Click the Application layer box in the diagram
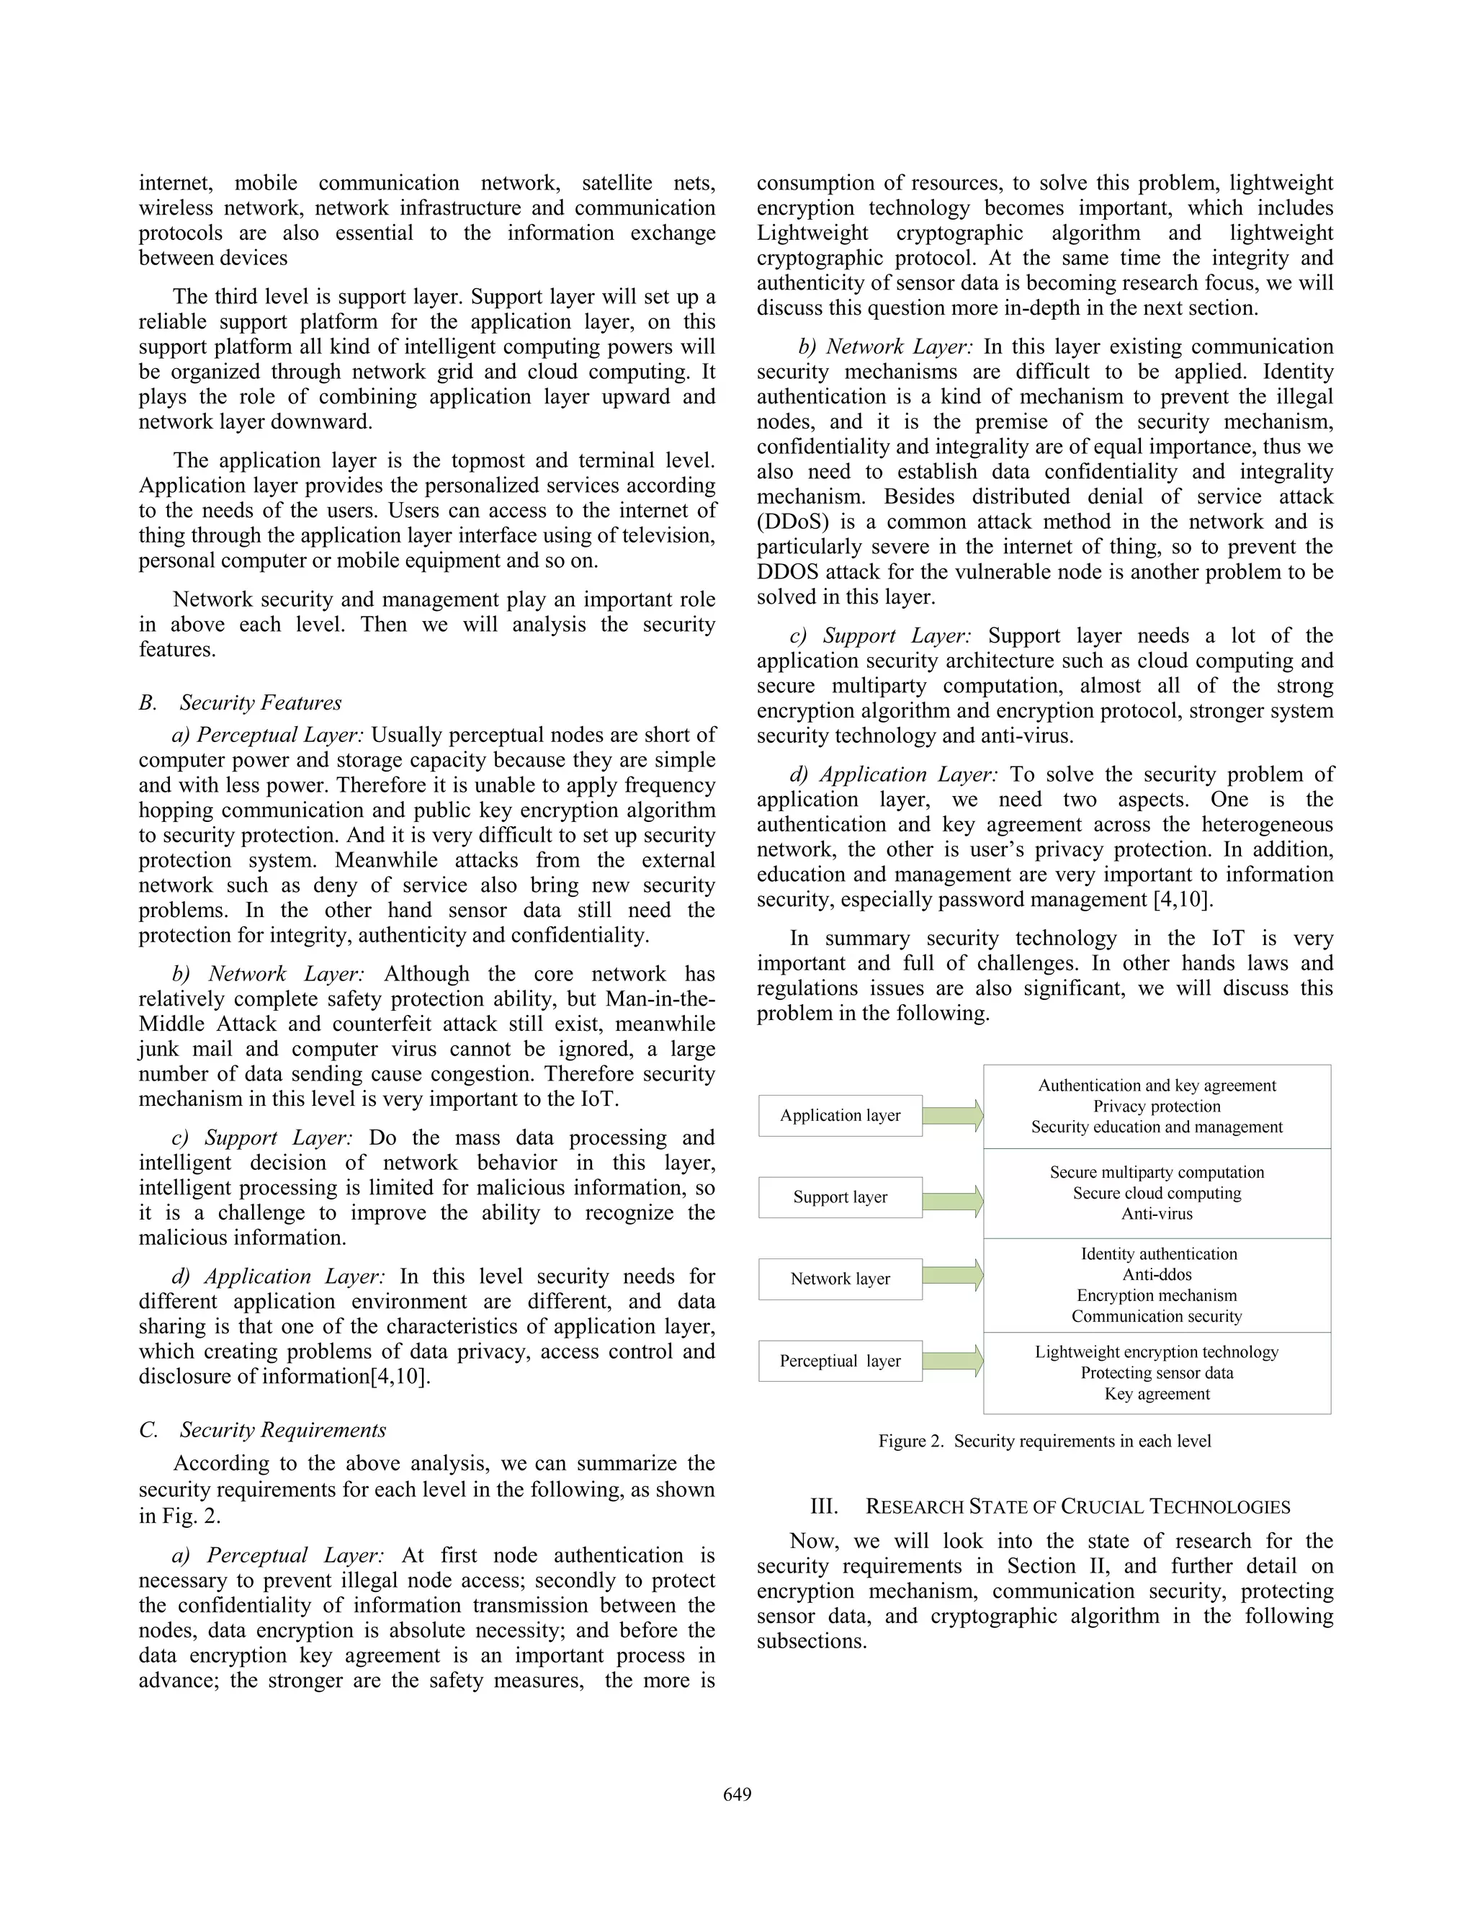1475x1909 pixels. (x=840, y=1115)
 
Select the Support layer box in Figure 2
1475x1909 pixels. (x=840, y=1197)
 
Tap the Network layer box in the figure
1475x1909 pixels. (x=840, y=1279)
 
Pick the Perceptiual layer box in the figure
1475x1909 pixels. (x=840, y=1361)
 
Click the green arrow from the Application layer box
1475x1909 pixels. (x=952, y=1115)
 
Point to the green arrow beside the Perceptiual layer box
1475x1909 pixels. (x=952, y=1361)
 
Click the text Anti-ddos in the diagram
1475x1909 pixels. (x=1157, y=1274)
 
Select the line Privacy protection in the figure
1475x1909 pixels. (x=1157, y=1106)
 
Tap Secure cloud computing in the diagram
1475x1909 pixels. (x=1157, y=1193)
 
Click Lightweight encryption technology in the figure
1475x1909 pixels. (x=1157, y=1351)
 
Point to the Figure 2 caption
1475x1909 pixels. (x=1044, y=1441)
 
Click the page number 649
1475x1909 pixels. (x=737, y=1794)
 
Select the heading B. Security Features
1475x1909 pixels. (x=241, y=703)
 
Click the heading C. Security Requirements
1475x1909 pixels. (x=262, y=1430)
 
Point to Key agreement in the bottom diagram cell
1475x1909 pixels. (x=1157, y=1393)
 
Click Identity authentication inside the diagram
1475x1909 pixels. (x=1157, y=1253)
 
